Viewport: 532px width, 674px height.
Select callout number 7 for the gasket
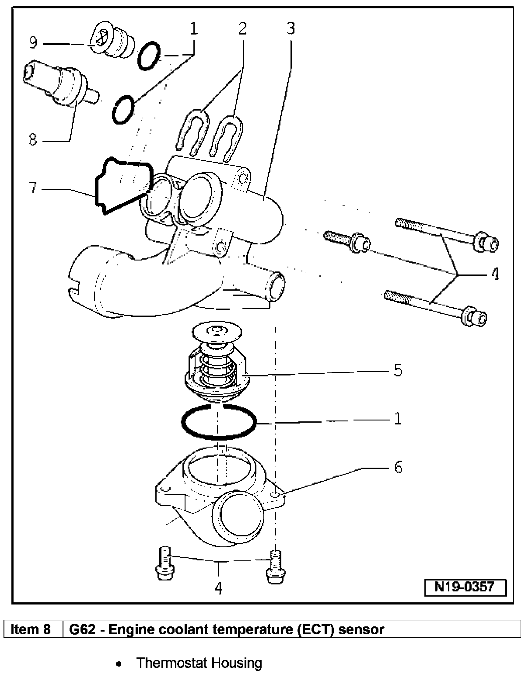pyautogui.click(x=32, y=188)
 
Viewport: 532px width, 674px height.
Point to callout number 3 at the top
pyautogui.click(x=290, y=28)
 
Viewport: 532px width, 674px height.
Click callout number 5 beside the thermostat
pyautogui.click(x=397, y=370)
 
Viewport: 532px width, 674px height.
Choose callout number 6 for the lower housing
pyautogui.click(x=398, y=467)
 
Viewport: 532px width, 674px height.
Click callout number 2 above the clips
pyautogui.click(x=242, y=28)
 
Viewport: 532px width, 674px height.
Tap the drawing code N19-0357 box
pyautogui.click(x=465, y=587)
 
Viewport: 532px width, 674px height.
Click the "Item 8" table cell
pyautogui.click(x=31, y=629)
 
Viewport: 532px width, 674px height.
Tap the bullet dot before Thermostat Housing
pyautogui.click(x=118, y=664)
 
